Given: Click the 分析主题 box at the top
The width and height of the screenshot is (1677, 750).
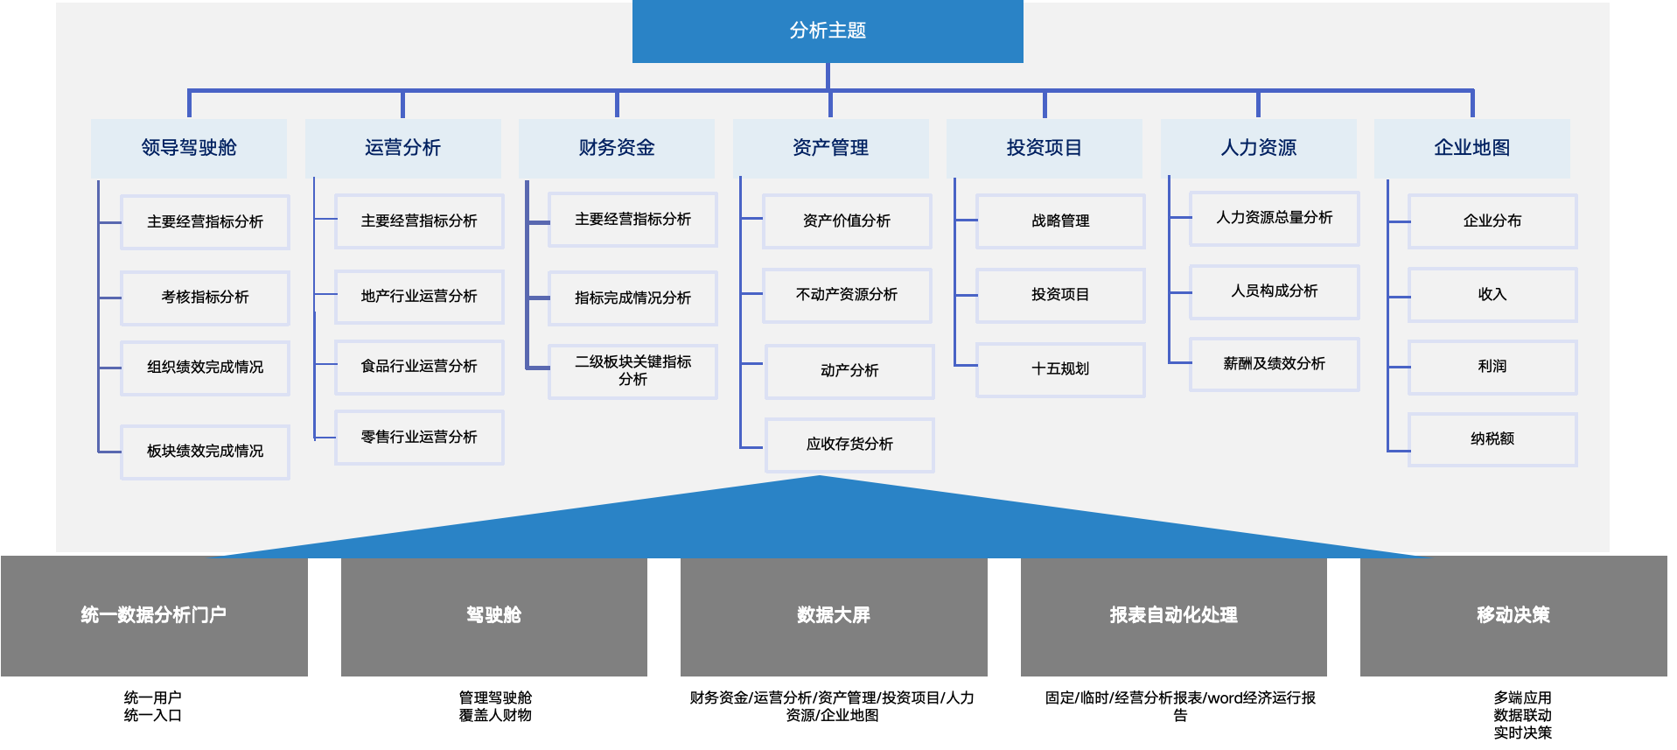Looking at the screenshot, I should click(x=828, y=31).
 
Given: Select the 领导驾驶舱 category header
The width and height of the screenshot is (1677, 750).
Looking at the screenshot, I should click(x=189, y=148).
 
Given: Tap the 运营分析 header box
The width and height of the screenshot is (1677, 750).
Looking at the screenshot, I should click(x=402, y=148).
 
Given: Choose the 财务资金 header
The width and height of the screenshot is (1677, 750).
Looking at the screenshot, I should click(x=617, y=148).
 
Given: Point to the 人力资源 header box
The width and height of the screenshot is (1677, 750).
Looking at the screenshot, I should click(x=1258, y=148).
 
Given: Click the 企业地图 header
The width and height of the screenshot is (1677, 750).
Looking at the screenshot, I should click(x=1471, y=148).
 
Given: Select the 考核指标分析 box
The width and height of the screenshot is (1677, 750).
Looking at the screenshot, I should click(x=205, y=298).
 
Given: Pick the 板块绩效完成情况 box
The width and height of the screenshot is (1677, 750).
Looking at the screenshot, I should click(x=205, y=452).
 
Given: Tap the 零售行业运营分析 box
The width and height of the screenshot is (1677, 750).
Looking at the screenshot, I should click(x=419, y=437).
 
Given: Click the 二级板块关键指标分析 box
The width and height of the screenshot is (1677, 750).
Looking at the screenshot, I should click(x=632, y=371).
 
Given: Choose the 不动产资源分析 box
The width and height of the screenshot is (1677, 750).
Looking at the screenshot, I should click(x=847, y=295).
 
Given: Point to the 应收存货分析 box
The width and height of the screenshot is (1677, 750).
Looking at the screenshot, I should click(x=849, y=445).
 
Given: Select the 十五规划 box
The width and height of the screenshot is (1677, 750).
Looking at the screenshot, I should click(x=1060, y=369).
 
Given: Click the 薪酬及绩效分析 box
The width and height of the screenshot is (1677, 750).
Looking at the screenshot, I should click(x=1274, y=364).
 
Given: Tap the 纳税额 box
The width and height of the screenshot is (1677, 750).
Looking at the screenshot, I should click(x=1492, y=439).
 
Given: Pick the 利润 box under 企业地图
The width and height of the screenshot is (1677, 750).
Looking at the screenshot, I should click(x=1492, y=367).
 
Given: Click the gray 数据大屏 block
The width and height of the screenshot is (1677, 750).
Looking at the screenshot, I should click(x=834, y=615).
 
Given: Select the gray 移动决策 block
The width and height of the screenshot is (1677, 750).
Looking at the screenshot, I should click(x=1513, y=615).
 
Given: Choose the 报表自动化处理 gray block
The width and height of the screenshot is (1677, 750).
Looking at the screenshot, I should click(x=1173, y=615).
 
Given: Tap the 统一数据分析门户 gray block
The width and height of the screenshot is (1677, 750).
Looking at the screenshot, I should click(x=154, y=615).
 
